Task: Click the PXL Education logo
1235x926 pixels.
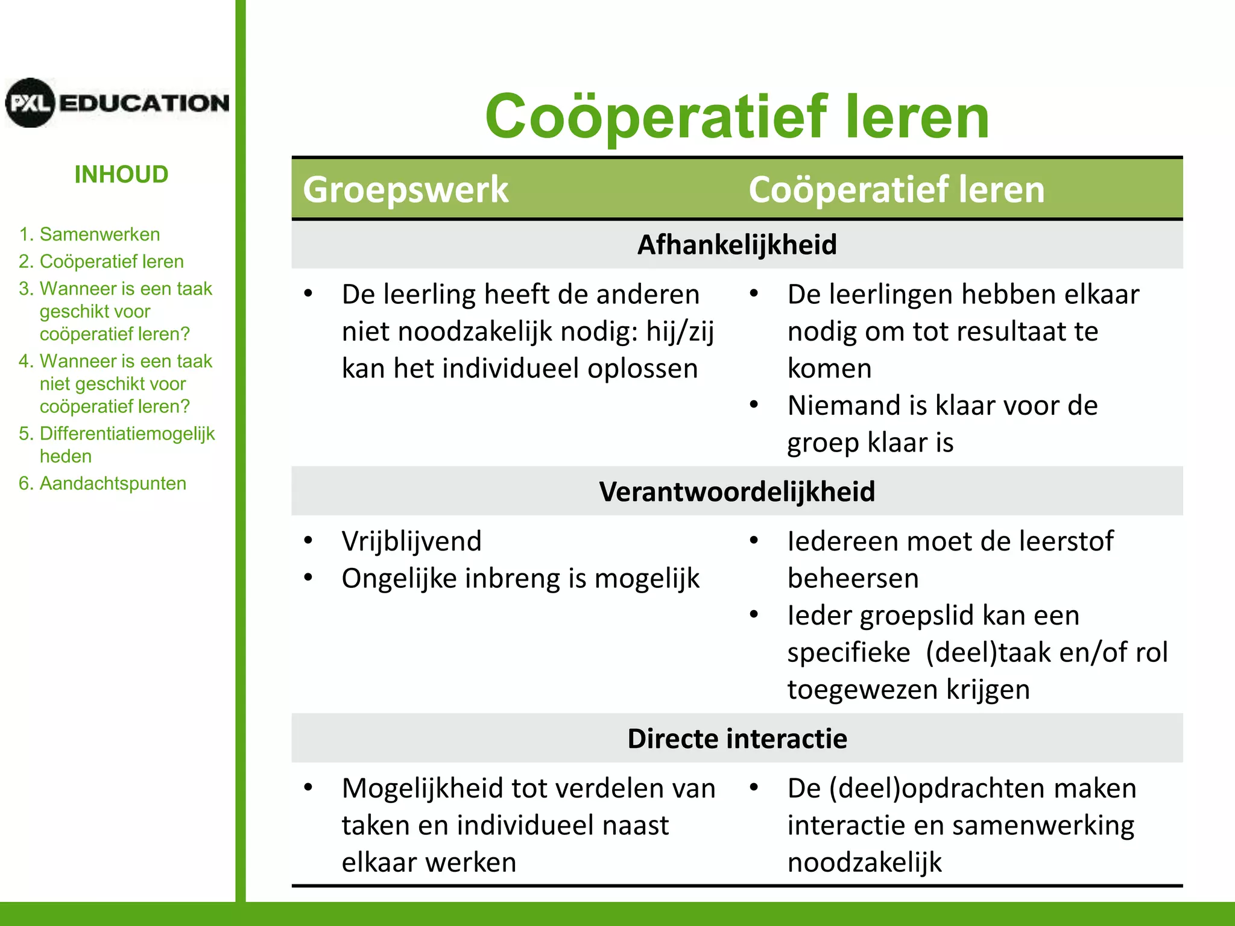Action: click(x=117, y=102)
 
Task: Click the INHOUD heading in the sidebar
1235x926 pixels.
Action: click(x=121, y=174)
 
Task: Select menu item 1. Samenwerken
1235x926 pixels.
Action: click(x=89, y=234)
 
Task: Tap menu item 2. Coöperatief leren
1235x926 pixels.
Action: click(x=101, y=261)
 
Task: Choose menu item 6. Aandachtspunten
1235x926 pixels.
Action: click(x=102, y=483)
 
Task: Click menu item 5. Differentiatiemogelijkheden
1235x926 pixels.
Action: click(x=116, y=444)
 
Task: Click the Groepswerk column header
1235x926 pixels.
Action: click(x=405, y=189)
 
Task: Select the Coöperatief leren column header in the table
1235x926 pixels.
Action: click(x=896, y=189)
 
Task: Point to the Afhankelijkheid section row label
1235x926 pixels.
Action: click(x=737, y=245)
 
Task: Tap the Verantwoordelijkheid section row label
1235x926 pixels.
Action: click(x=737, y=491)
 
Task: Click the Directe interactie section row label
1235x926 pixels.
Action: click(x=737, y=739)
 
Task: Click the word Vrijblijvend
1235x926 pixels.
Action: click(x=411, y=541)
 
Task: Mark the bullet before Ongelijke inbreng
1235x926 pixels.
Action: click(x=309, y=578)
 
